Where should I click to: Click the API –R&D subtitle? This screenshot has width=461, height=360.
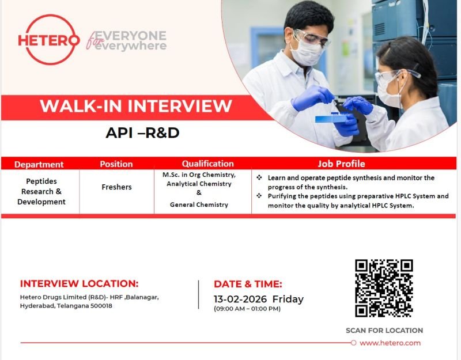pos(142,133)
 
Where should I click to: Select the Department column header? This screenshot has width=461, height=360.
pos(39,164)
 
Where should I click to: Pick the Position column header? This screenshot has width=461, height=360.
pos(116,164)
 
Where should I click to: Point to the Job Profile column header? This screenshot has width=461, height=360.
pos(341,164)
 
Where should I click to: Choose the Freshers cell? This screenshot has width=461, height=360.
pos(116,187)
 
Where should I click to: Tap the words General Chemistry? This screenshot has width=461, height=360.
pos(199,204)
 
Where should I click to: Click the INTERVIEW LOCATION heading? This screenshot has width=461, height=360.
pos(80,283)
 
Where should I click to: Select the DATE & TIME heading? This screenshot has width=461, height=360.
pos(248,283)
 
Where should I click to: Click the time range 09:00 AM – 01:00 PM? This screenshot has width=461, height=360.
pos(247,309)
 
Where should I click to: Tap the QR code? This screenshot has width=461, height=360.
pos(384,289)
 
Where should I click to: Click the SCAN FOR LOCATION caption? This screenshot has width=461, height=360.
pos(384,331)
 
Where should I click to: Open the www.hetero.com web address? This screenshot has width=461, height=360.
pos(390,343)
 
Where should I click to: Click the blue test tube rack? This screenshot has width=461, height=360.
pos(331,119)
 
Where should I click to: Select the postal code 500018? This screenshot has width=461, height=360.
pos(99,306)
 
